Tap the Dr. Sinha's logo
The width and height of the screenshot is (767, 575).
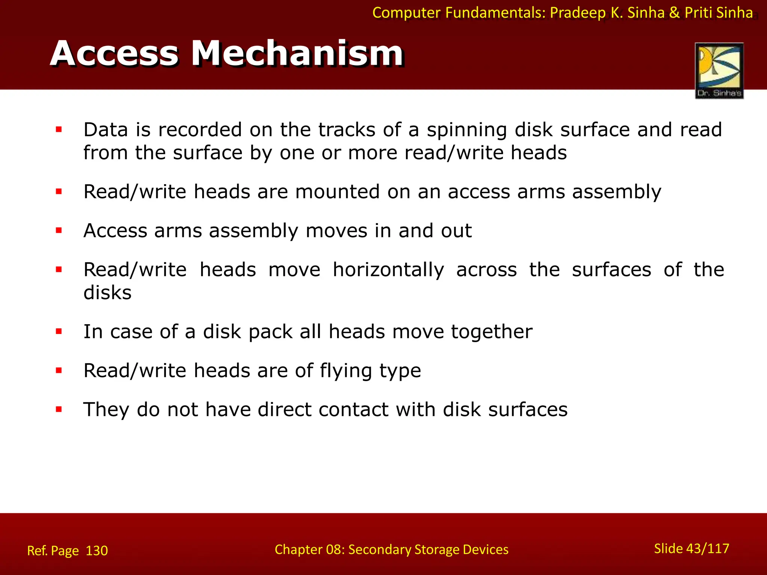click(x=719, y=71)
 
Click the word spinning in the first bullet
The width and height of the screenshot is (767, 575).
click(x=467, y=130)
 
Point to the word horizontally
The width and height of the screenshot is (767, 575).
click(x=388, y=270)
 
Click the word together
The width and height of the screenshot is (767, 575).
click(x=491, y=332)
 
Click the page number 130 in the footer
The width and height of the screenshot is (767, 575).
click(x=97, y=551)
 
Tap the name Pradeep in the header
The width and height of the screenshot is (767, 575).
click(x=577, y=13)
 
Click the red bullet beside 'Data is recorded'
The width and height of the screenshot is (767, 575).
click(x=59, y=130)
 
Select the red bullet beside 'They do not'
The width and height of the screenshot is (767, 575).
click(x=59, y=410)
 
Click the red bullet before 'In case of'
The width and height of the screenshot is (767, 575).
click(x=59, y=332)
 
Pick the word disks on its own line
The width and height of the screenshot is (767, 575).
click(x=107, y=293)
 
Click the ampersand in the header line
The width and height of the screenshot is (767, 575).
click(x=674, y=13)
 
